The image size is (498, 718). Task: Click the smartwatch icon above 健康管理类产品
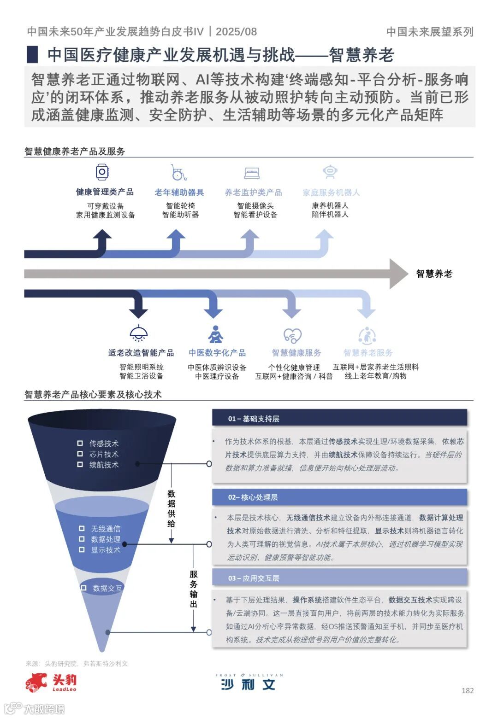click(x=102, y=172)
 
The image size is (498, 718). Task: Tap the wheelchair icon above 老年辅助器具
click(x=178, y=173)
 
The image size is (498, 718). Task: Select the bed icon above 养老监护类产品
click(x=252, y=173)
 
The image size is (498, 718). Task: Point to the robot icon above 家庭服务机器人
click(x=330, y=172)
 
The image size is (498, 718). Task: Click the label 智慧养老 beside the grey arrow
click(x=434, y=274)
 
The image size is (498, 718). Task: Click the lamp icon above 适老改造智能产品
click(x=139, y=333)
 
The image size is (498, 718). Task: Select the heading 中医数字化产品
click(x=217, y=353)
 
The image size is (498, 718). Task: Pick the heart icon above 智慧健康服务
click(x=292, y=335)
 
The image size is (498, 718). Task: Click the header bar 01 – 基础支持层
click(x=339, y=418)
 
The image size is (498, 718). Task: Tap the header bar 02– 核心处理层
click(x=339, y=497)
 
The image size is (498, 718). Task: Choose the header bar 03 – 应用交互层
click(x=339, y=578)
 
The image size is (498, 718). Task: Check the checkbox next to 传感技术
click(x=80, y=443)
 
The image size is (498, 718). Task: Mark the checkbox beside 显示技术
click(x=82, y=549)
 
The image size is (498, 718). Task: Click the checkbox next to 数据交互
click(x=83, y=588)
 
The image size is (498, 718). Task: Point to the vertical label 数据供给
click(x=172, y=508)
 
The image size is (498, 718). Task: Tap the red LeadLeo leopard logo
click(x=37, y=682)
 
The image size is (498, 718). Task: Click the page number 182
click(x=467, y=690)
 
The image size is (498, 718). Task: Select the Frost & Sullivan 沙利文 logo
click(x=249, y=682)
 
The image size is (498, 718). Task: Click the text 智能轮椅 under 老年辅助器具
click(x=180, y=205)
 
